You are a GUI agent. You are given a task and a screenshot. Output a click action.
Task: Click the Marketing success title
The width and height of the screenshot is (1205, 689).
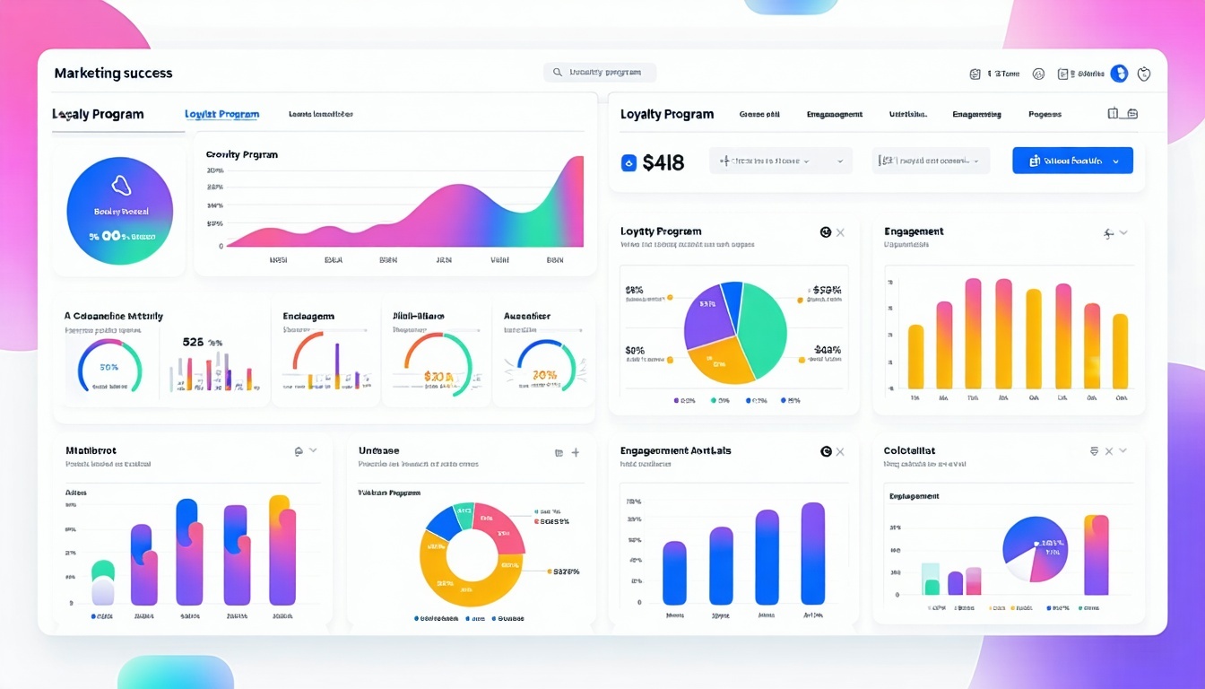[x=113, y=74]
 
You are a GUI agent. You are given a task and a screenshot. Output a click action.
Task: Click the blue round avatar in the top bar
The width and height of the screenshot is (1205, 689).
[x=1119, y=74]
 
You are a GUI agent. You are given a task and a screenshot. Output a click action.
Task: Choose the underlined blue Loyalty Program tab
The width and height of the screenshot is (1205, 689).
[x=221, y=115]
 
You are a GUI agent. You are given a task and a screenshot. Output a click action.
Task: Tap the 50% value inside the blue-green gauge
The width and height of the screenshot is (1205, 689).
[x=109, y=368]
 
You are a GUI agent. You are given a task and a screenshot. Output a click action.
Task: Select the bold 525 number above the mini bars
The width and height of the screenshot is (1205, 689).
[x=193, y=342]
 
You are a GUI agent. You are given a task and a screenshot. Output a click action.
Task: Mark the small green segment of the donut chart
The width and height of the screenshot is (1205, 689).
[x=464, y=515]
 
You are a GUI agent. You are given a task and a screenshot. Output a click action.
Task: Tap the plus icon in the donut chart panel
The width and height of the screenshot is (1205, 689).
[x=576, y=453]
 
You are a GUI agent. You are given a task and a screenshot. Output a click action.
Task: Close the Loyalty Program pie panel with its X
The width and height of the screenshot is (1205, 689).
[x=840, y=233]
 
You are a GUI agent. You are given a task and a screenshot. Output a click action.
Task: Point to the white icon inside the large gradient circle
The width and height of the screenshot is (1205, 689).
[x=121, y=186]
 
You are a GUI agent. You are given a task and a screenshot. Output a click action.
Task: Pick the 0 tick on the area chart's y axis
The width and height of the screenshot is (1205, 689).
[x=221, y=246]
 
